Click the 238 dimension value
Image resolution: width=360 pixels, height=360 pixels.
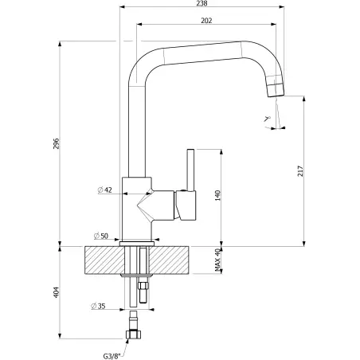tap(202, 3)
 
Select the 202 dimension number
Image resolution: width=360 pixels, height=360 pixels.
tap(206, 21)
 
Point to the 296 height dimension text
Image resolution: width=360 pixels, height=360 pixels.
tap(57, 143)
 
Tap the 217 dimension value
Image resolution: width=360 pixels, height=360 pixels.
tap(300, 171)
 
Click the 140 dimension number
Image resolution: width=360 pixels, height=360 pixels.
tap(217, 195)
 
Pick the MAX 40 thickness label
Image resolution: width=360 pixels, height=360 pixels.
tap(217, 260)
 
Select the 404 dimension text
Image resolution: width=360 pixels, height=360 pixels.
tap(57, 292)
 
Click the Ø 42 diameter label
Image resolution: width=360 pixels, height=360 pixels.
tap(105, 190)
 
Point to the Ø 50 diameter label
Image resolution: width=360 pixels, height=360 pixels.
tap(101, 236)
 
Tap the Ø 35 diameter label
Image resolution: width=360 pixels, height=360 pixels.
tap(98, 306)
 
